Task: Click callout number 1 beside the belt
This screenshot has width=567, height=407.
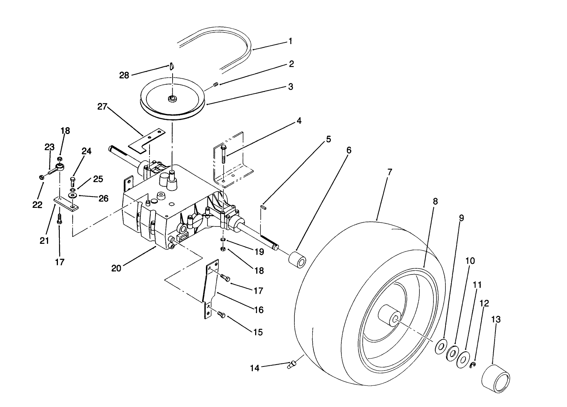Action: point(290,41)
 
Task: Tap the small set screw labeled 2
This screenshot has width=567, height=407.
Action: point(216,84)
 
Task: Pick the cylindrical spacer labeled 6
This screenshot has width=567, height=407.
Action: point(297,259)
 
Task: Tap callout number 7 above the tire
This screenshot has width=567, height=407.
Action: point(389,172)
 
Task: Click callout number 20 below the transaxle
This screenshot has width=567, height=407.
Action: point(116,268)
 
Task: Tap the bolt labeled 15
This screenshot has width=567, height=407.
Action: point(221,315)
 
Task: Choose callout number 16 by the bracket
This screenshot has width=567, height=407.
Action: point(259,310)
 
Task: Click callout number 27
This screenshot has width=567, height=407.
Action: point(102,108)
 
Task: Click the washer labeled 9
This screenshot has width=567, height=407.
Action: point(441,346)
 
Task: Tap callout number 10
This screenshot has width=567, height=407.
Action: point(470,261)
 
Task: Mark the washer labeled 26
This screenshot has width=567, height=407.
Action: point(72,195)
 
